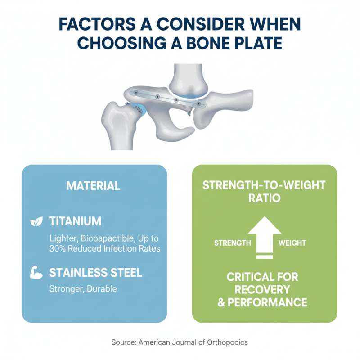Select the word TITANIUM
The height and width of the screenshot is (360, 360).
(75, 221)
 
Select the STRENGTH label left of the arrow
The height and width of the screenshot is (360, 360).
(232, 243)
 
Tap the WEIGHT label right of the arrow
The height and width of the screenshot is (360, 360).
(292, 243)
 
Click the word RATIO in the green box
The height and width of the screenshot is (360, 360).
(265, 198)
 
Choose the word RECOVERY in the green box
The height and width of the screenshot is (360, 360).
(265, 288)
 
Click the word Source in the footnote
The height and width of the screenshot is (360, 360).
(124, 342)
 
